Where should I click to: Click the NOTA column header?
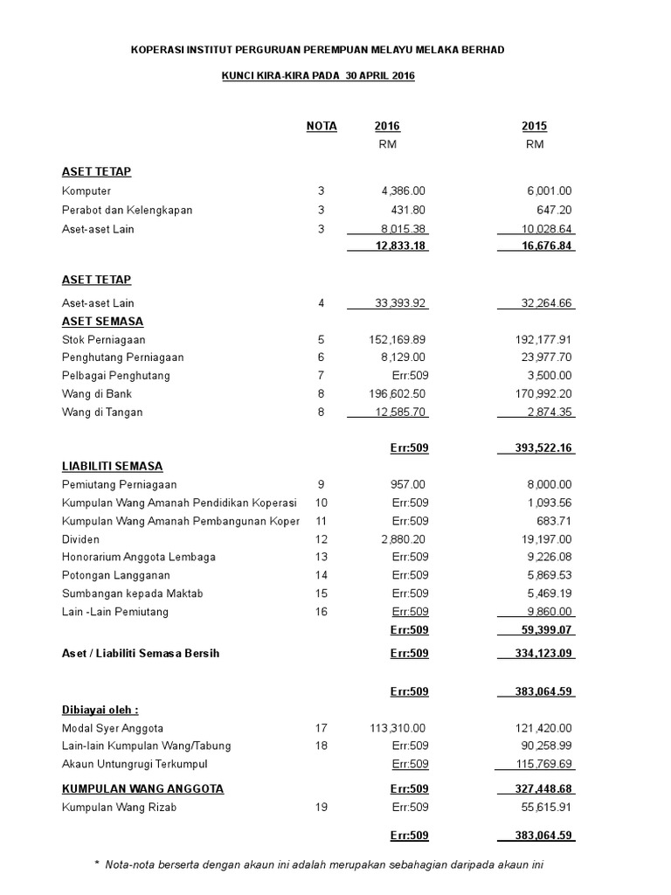322,126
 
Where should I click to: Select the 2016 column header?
387,126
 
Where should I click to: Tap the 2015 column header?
535,126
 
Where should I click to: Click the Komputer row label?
86,191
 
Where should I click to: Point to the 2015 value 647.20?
554,210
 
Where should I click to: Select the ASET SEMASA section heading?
102,322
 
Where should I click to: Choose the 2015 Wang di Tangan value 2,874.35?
548,412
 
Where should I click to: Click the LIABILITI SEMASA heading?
112,466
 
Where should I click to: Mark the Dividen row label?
81,539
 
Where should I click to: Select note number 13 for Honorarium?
322,557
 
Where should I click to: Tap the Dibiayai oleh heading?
100,710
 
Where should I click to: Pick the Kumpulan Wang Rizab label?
119,808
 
